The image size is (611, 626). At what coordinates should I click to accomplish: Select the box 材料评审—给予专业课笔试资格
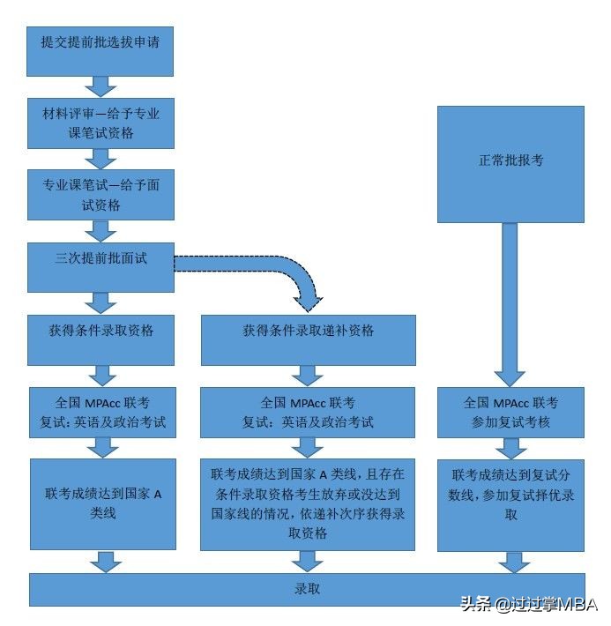(x=101, y=123)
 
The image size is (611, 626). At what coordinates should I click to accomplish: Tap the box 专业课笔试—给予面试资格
(x=101, y=195)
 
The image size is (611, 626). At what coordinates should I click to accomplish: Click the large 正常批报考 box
(x=510, y=163)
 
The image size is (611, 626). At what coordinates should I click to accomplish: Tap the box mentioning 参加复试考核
(x=510, y=412)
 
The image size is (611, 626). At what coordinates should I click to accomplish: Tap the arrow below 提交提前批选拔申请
(x=101, y=86)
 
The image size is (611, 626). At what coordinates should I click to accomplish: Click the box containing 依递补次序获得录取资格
(x=308, y=503)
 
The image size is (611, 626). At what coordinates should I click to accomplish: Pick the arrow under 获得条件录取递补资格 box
(x=308, y=376)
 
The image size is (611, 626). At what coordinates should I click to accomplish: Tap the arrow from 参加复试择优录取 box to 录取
(x=512, y=562)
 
